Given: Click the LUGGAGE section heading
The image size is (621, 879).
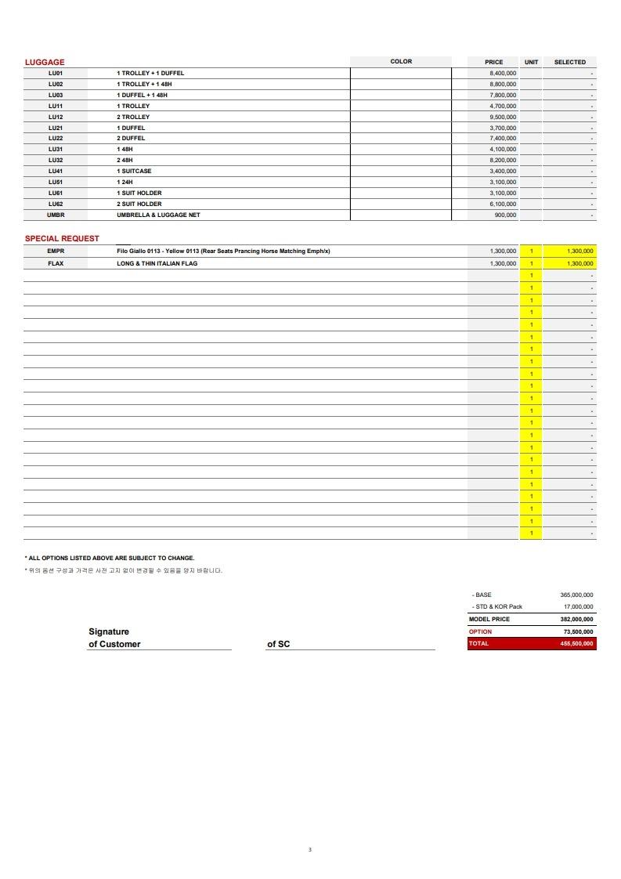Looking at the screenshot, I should [x=45, y=62].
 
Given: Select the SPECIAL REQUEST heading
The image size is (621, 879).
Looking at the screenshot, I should [x=62, y=238].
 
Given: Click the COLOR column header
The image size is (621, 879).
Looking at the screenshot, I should [x=401, y=62].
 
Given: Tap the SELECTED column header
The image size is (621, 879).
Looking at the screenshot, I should [x=569, y=62].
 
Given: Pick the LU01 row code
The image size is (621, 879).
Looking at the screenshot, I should [x=56, y=73].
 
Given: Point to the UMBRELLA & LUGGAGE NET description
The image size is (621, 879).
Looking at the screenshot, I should [x=159, y=215].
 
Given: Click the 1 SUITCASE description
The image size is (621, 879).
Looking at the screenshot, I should [x=135, y=171].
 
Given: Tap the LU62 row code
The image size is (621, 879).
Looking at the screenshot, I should [x=56, y=204].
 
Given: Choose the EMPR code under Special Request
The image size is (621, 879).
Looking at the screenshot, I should [x=56, y=251].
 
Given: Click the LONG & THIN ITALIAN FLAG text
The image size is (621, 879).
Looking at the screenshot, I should [x=157, y=263].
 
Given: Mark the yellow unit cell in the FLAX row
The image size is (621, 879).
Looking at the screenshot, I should [x=531, y=263].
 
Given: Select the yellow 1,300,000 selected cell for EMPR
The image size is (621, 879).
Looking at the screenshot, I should [x=570, y=251].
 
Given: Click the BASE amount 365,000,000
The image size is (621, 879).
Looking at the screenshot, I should [x=576, y=595].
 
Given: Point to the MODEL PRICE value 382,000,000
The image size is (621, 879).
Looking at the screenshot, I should [x=576, y=619].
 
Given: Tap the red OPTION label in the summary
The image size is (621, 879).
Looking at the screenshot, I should [x=481, y=631].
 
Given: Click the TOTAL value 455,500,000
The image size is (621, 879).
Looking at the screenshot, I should [x=576, y=644].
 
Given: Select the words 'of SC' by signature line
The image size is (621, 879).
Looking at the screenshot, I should [x=278, y=644].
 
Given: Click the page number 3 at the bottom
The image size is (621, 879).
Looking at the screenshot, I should [x=310, y=849].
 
